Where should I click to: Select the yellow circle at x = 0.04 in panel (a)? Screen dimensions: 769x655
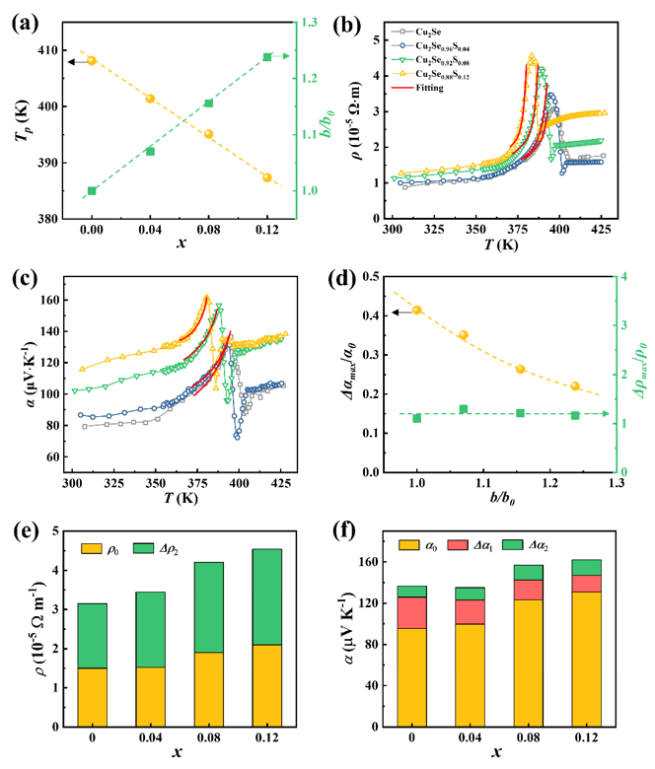click(150, 99)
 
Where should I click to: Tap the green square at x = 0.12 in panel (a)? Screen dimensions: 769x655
click(267, 57)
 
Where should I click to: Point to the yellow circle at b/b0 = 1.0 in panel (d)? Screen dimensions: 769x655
click(417, 311)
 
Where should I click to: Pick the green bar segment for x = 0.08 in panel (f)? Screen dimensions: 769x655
click(529, 573)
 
